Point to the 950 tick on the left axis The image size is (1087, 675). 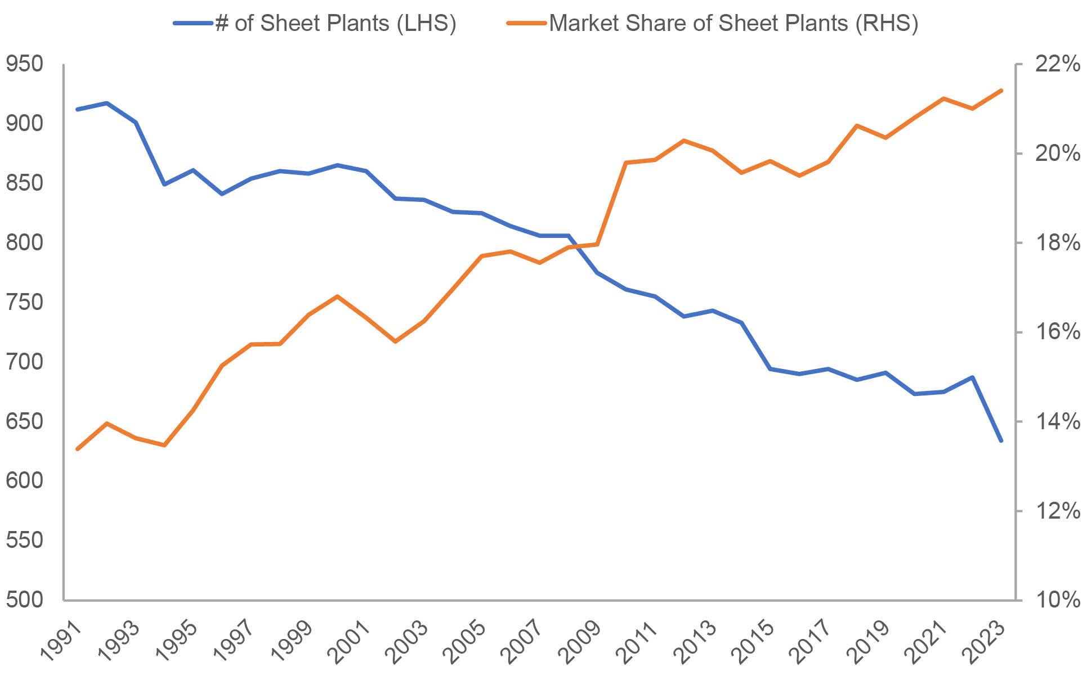24,64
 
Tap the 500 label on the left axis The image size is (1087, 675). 24,600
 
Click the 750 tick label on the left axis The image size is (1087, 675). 24,302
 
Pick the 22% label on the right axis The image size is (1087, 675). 1057,64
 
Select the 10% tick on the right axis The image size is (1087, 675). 1057,600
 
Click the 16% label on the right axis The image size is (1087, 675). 1057,332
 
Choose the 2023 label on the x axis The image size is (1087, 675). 985,641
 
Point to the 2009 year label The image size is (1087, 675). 580,641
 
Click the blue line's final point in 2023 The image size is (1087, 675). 1001,441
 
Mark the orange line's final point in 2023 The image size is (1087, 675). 1001,90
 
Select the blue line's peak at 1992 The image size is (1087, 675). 106,103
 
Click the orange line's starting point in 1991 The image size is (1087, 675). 78,449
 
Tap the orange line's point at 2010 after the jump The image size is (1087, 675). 626,163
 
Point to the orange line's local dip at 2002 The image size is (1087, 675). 395,341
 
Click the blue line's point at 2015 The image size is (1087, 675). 770,369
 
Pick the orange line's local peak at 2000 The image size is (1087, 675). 337,296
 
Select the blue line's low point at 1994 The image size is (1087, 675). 164,184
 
